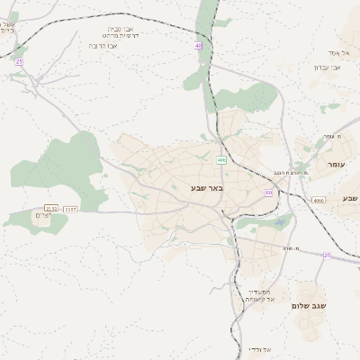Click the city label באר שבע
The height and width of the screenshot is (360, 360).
[206, 187]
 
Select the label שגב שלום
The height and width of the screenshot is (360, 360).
[307, 305]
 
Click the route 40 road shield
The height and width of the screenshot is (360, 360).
[199, 44]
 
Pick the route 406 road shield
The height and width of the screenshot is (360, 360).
[221, 160]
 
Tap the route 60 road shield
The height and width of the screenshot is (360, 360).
[268, 193]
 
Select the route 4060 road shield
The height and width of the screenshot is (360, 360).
[319, 201]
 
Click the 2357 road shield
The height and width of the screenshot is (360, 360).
[71, 209]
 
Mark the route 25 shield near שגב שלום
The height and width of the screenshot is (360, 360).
[327, 256]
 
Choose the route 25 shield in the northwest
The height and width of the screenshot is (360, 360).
[18, 61]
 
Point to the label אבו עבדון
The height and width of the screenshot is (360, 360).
[326, 67]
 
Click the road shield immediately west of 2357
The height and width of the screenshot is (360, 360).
[51, 209]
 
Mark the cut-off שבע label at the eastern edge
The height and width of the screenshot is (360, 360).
[350, 197]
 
